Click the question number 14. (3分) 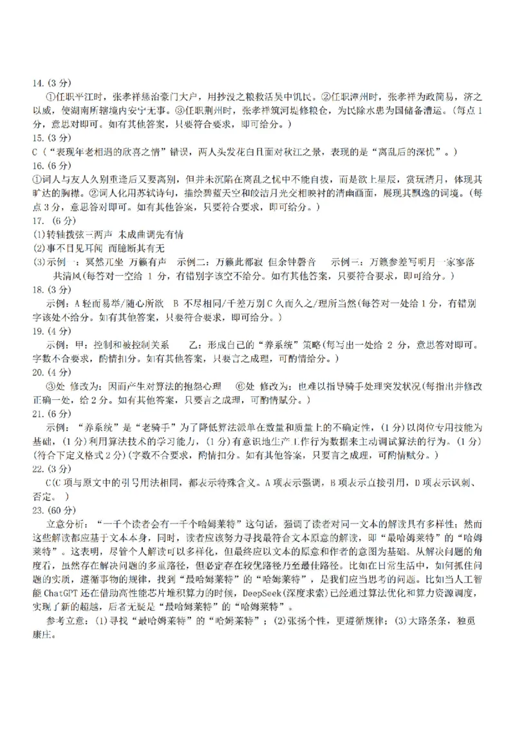click(52, 83)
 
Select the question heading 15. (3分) click(52, 138)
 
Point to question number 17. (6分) click(53, 221)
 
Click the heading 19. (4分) click(52, 331)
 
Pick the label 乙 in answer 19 click(194, 345)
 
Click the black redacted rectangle click(344, 683)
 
